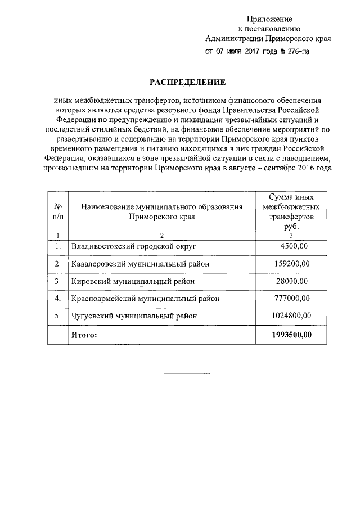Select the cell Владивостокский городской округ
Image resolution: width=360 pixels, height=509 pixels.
click(133, 246)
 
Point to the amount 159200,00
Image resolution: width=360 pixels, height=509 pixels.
click(291, 263)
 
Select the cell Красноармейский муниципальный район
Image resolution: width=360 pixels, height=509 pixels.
click(145, 298)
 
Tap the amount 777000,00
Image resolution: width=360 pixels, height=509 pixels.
click(291, 298)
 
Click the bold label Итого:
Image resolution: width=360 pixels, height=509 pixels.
click(83, 335)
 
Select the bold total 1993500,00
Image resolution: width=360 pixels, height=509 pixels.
click(291, 335)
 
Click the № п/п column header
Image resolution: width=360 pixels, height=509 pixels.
click(57, 211)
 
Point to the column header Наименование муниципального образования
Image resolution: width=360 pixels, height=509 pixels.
click(161, 211)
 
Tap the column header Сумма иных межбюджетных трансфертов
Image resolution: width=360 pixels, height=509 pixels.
click(291, 211)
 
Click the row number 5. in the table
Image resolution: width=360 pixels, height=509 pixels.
click(57, 316)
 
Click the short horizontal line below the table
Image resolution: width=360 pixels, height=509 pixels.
click(186, 373)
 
